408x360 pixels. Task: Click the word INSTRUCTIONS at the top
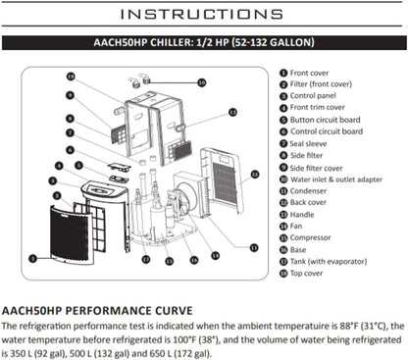tap(202, 14)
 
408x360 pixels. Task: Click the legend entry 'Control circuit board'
tap(327, 131)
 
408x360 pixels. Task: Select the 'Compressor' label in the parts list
tap(310, 237)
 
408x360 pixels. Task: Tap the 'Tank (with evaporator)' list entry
tap(329, 262)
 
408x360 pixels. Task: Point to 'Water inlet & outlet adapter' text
tap(336, 180)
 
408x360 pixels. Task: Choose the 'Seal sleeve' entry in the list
tap(308, 144)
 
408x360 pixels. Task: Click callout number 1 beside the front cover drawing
tap(32, 259)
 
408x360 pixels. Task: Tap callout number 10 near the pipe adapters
tap(202, 82)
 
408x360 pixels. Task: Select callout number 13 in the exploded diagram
tap(232, 112)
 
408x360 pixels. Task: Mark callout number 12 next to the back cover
tap(255, 175)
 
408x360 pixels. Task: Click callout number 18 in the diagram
tap(71, 77)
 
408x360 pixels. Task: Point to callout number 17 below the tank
tap(146, 259)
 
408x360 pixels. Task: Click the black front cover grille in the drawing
tap(71, 233)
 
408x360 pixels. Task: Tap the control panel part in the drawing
tap(104, 190)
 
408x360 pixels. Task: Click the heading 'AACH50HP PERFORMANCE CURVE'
tap(97, 311)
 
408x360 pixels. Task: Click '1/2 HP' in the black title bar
tap(212, 43)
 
